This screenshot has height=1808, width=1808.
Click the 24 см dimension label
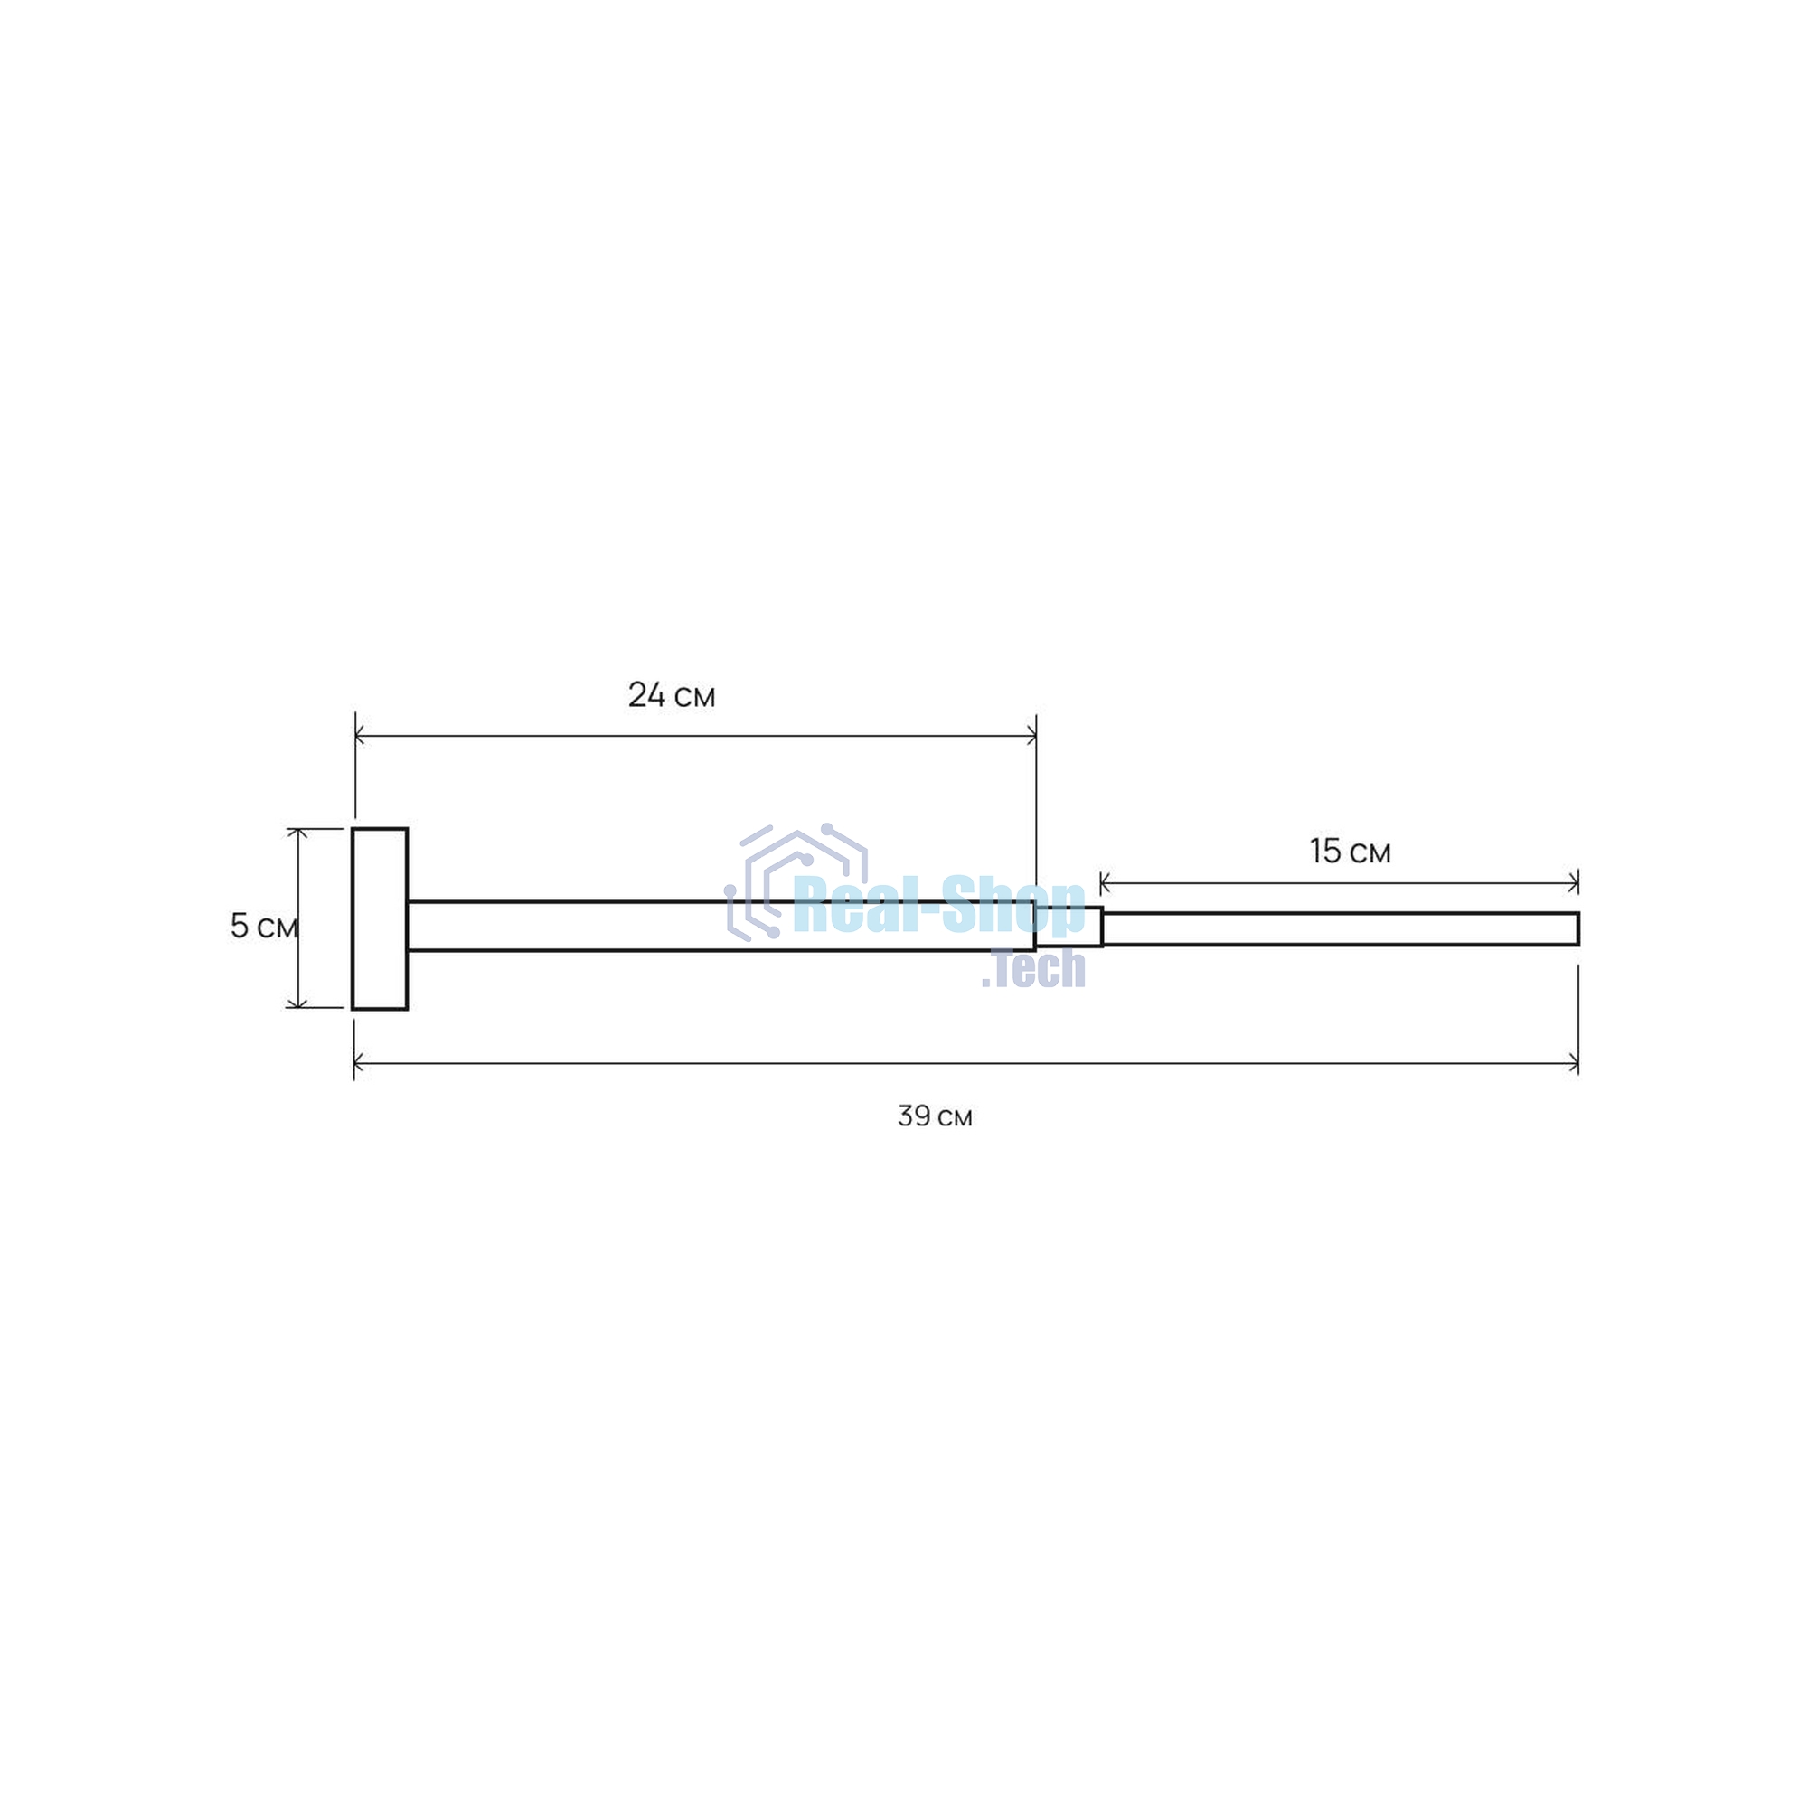coord(671,695)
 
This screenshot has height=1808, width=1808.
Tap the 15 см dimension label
coord(1350,852)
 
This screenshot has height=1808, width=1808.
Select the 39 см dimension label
coord(935,1116)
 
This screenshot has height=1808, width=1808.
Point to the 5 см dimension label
coord(264,927)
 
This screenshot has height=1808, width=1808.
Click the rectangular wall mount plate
coord(380,919)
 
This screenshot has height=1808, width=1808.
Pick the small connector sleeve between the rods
coord(1069,927)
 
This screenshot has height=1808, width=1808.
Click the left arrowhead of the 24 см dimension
coord(361,736)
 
